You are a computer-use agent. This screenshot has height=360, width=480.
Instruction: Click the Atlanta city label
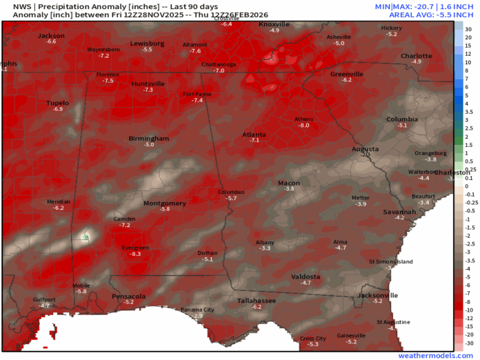[253, 134]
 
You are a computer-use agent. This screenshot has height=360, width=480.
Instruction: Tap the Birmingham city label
[148, 139]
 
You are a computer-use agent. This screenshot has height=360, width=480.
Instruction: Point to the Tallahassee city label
[257, 301]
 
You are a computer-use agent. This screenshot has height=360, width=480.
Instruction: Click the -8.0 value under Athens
[303, 126]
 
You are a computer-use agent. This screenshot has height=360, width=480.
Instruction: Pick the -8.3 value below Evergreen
[135, 254]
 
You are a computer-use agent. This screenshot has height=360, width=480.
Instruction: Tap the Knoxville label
[274, 24]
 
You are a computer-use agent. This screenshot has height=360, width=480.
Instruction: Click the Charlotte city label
[417, 55]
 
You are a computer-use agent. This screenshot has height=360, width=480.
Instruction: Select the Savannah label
[399, 211]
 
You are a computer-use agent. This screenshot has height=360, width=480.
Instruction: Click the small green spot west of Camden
[86, 237]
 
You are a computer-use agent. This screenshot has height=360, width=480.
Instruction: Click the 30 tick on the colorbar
[468, 28]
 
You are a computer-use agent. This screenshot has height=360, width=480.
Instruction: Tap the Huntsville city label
[148, 83]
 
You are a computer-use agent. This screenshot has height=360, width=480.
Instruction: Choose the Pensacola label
[128, 296]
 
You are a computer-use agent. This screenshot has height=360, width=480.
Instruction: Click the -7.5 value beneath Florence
[108, 81]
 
